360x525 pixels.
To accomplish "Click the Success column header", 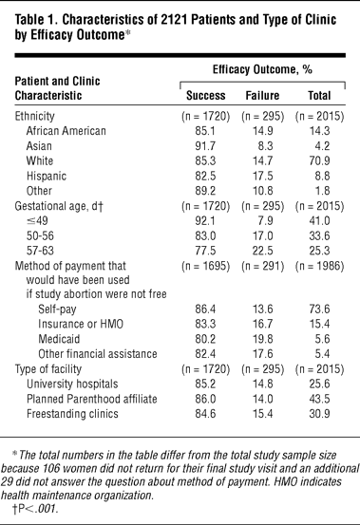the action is coord(205,96).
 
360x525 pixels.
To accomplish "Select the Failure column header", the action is coord(262,96).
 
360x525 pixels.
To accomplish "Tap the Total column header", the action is coord(319,96).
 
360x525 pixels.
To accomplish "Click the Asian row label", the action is coord(39,146).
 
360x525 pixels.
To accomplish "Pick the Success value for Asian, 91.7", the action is coord(205,146).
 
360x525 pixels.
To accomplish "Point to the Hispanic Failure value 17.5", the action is coord(262,176).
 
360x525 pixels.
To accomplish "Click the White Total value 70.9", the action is coord(319,160).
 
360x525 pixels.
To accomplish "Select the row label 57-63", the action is coord(40,251).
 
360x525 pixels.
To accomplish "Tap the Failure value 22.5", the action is coord(262,251).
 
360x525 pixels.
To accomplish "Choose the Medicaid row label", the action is coord(59,339).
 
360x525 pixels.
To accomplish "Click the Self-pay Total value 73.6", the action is coord(319,309).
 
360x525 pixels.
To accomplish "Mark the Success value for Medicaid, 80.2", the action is coord(205,339).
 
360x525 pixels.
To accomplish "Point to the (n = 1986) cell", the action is coord(319,266).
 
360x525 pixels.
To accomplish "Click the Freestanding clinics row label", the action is coord(72,414).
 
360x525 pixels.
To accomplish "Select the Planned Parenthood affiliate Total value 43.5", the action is coord(319,399).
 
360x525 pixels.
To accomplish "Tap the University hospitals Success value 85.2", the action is coord(205,384).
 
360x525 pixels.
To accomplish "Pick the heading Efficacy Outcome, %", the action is coord(262,69).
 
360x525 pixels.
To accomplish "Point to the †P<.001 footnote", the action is coord(35,509).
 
